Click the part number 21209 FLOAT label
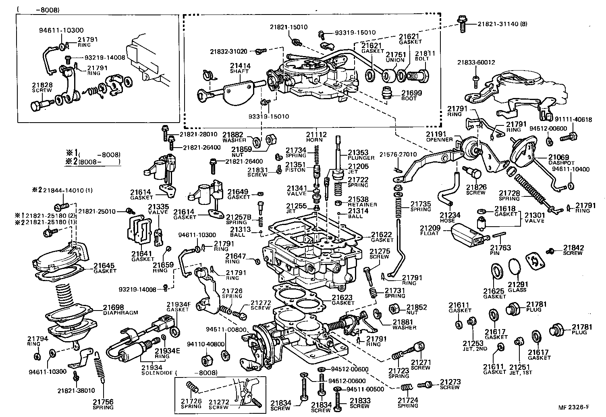[x=429, y=230]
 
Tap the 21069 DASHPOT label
[x=558, y=159]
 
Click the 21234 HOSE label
[x=450, y=218]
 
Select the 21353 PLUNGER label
[x=358, y=155]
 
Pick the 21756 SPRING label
[x=103, y=404]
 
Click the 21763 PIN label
[x=500, y=250]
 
